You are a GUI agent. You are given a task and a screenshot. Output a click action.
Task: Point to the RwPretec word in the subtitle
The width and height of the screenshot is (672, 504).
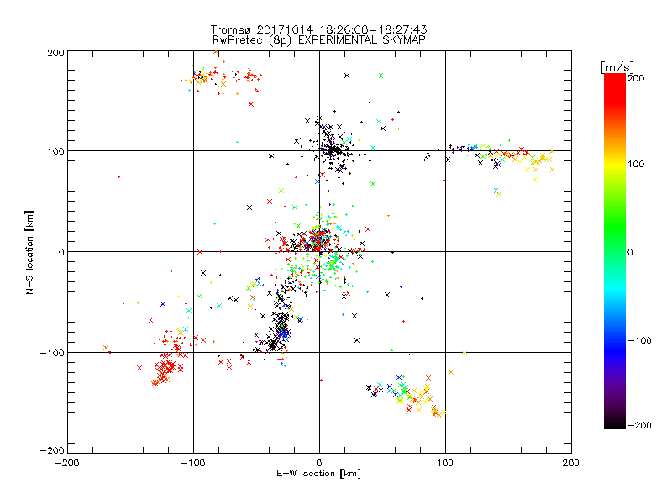(235, 39)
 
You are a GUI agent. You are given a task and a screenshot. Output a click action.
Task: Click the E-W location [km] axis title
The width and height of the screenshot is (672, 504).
(318, 474)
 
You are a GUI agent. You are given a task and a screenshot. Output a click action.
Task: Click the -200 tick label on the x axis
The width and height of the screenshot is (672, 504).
(68, 463)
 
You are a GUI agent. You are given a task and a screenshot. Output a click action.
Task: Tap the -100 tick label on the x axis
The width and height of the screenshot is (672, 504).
(193, 463)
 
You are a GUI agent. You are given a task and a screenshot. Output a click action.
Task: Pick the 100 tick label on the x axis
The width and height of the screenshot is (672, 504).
(445, 463)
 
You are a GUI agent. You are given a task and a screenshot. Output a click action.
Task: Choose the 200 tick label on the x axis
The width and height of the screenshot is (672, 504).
(571, 463)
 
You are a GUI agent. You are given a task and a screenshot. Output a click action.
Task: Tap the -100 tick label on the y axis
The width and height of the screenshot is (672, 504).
(52, 353)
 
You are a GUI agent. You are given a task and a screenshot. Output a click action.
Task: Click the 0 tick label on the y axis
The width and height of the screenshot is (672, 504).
(61, 252)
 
